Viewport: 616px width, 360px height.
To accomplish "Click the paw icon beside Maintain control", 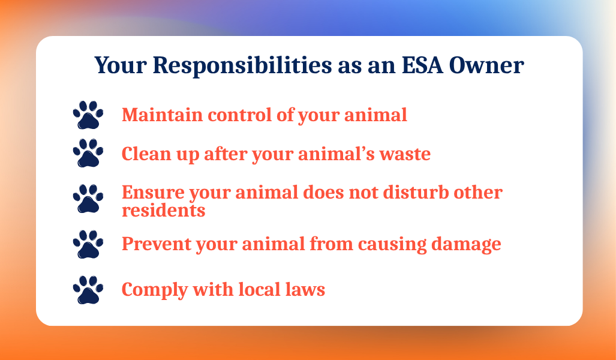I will click(x=88, y=115).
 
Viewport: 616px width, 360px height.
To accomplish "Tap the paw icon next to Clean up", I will click(x=88, y=154).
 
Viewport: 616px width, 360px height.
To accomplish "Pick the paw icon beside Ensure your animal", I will click(x=88, y=199).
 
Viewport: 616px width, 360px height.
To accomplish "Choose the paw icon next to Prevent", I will click(x=88, y=244).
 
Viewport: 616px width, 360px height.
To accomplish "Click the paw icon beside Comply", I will click(x=88, y=290).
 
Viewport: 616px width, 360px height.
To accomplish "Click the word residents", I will click(x=163, y=211).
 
